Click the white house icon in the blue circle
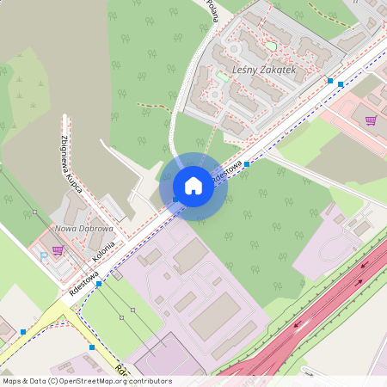click(x=193, y=186)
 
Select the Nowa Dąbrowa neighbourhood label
click(x=83, y=229)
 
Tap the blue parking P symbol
click(x=43, y=255)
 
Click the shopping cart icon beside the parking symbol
click(x=58, y=250)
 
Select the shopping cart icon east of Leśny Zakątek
click(x=371, y=120)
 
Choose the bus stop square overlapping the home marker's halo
click(x=175, y=200)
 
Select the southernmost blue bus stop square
click(x=92, y=347)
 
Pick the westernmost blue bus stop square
click(x=22, y=331)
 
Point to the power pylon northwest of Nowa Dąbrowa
click(x=34, y=212)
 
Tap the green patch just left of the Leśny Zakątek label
click(x=221, y=76)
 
